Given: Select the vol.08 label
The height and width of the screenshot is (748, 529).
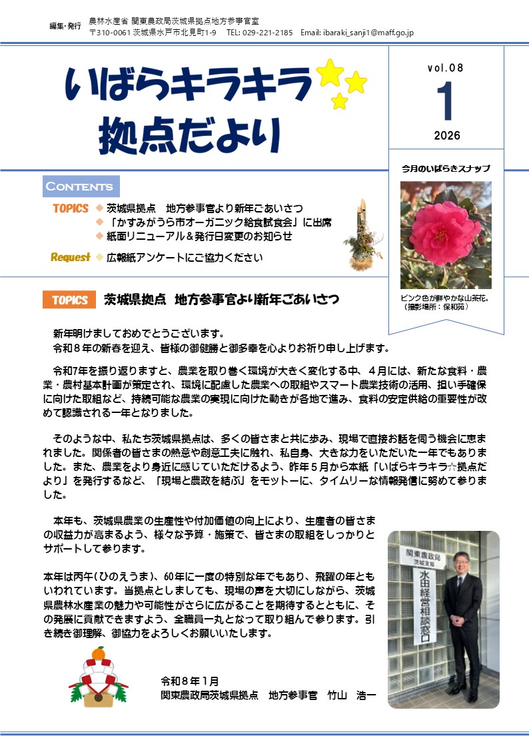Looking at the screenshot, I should coord(446,69).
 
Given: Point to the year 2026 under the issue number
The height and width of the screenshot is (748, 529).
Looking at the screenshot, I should coord(446,136).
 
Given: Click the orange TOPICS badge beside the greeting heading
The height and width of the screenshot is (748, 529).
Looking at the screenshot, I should coord(69,300).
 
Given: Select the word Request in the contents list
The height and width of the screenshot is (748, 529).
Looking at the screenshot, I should coord(70,258).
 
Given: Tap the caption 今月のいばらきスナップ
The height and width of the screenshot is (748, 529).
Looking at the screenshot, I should coord(446,169).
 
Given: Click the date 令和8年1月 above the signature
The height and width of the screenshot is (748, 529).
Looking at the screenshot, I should coord(189,681).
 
